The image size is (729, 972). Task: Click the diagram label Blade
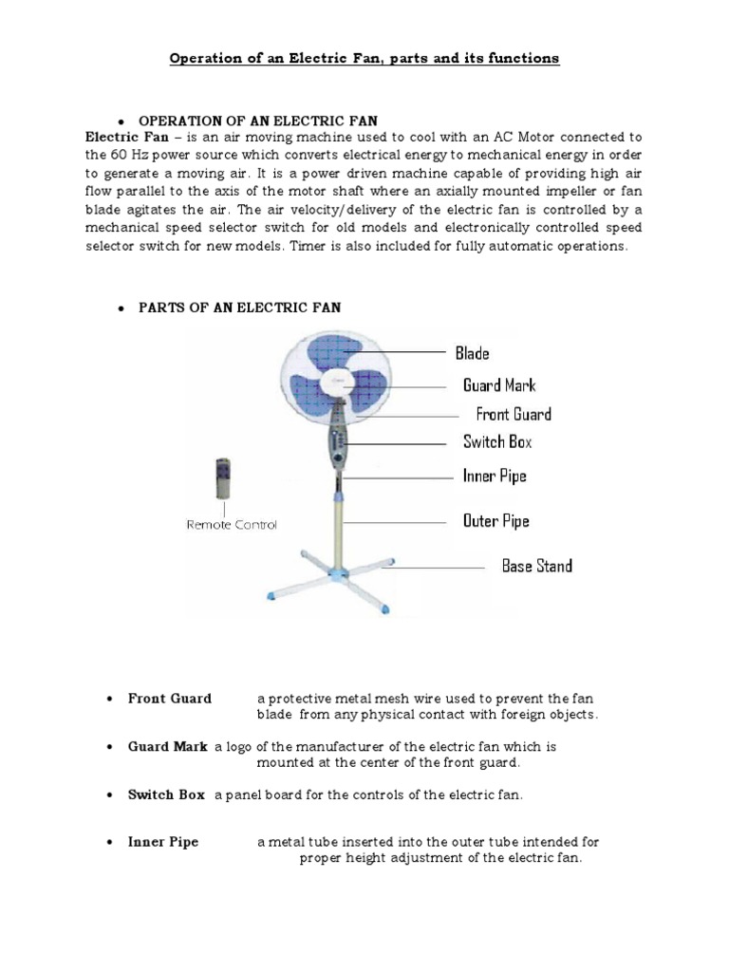472,353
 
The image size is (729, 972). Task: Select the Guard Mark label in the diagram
499,385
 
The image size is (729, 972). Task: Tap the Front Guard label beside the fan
513,414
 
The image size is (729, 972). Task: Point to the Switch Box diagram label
497,441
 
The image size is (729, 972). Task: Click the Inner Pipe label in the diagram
494,476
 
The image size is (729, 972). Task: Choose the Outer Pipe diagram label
495,521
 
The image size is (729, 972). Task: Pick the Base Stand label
536,566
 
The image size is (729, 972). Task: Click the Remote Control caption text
232,524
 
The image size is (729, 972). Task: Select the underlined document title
364,59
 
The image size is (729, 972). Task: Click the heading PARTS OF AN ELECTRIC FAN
239,308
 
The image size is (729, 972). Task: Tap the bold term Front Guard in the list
170,699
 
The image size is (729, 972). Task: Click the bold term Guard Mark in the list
168,747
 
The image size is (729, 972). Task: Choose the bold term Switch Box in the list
166,794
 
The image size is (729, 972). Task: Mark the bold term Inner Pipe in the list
163,842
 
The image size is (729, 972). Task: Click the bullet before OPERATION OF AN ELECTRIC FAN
121,121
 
